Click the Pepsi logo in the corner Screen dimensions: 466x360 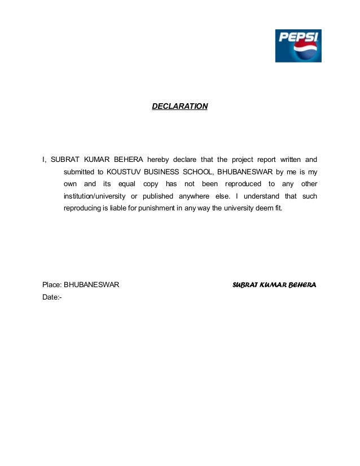(298, 46)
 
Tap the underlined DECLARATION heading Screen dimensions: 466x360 (180, 106)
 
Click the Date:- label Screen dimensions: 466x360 (51, 297)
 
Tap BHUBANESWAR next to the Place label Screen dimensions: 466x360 (91, 285)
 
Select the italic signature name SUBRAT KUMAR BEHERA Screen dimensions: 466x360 (274, 285)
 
